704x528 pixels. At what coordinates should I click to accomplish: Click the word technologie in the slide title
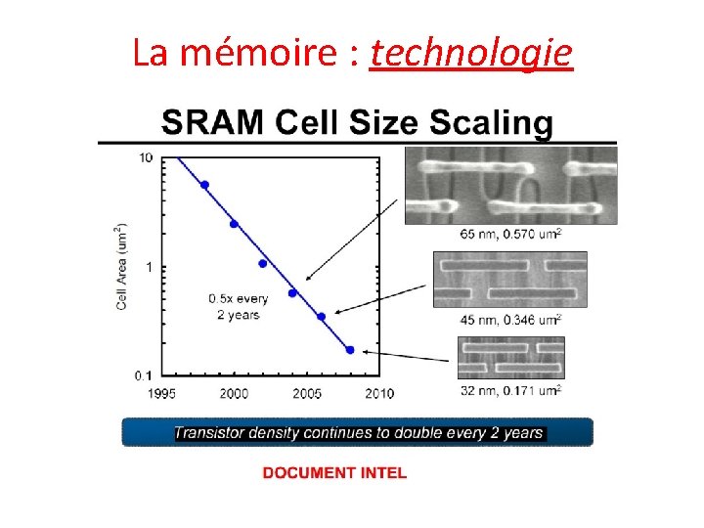(x=471, y=54)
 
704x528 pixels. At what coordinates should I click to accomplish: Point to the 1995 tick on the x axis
(x=162, y=393)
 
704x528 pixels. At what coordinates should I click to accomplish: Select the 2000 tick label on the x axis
(x=235, y=393)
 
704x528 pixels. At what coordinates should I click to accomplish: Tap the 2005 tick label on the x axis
(x=307, y=393)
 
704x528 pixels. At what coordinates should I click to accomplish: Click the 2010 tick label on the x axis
(x=379, y=393)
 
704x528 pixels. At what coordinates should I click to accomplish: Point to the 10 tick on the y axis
(x=147, y=158)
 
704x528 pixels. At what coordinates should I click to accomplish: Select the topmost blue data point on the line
(x=204, y=185)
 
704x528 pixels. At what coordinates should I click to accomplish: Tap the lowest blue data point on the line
(x=350, y=349)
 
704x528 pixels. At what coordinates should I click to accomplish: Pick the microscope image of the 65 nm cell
(x=510, y=185)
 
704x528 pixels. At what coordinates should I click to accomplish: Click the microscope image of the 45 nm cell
(x=509, y=280)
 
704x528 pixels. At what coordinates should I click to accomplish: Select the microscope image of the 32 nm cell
(x=510, y=357)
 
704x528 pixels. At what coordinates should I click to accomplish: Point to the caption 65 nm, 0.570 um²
(x=510, y=235)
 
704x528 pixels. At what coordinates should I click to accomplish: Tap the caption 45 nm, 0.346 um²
(x=510, y=320)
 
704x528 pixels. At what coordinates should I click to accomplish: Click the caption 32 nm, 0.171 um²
(x=510, y=391)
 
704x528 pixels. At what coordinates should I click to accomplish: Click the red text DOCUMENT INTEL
(x=334, y=473)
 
